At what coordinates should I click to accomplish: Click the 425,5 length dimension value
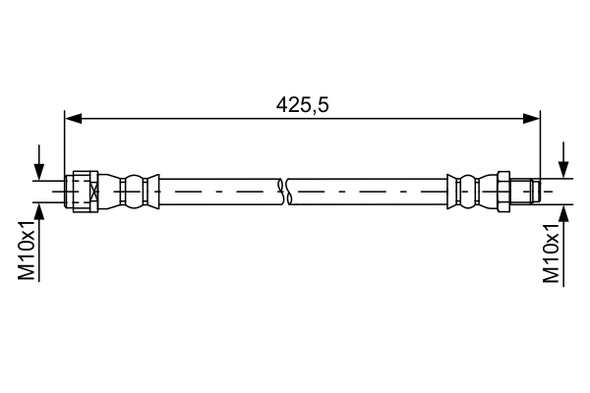[x=302, y=101]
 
